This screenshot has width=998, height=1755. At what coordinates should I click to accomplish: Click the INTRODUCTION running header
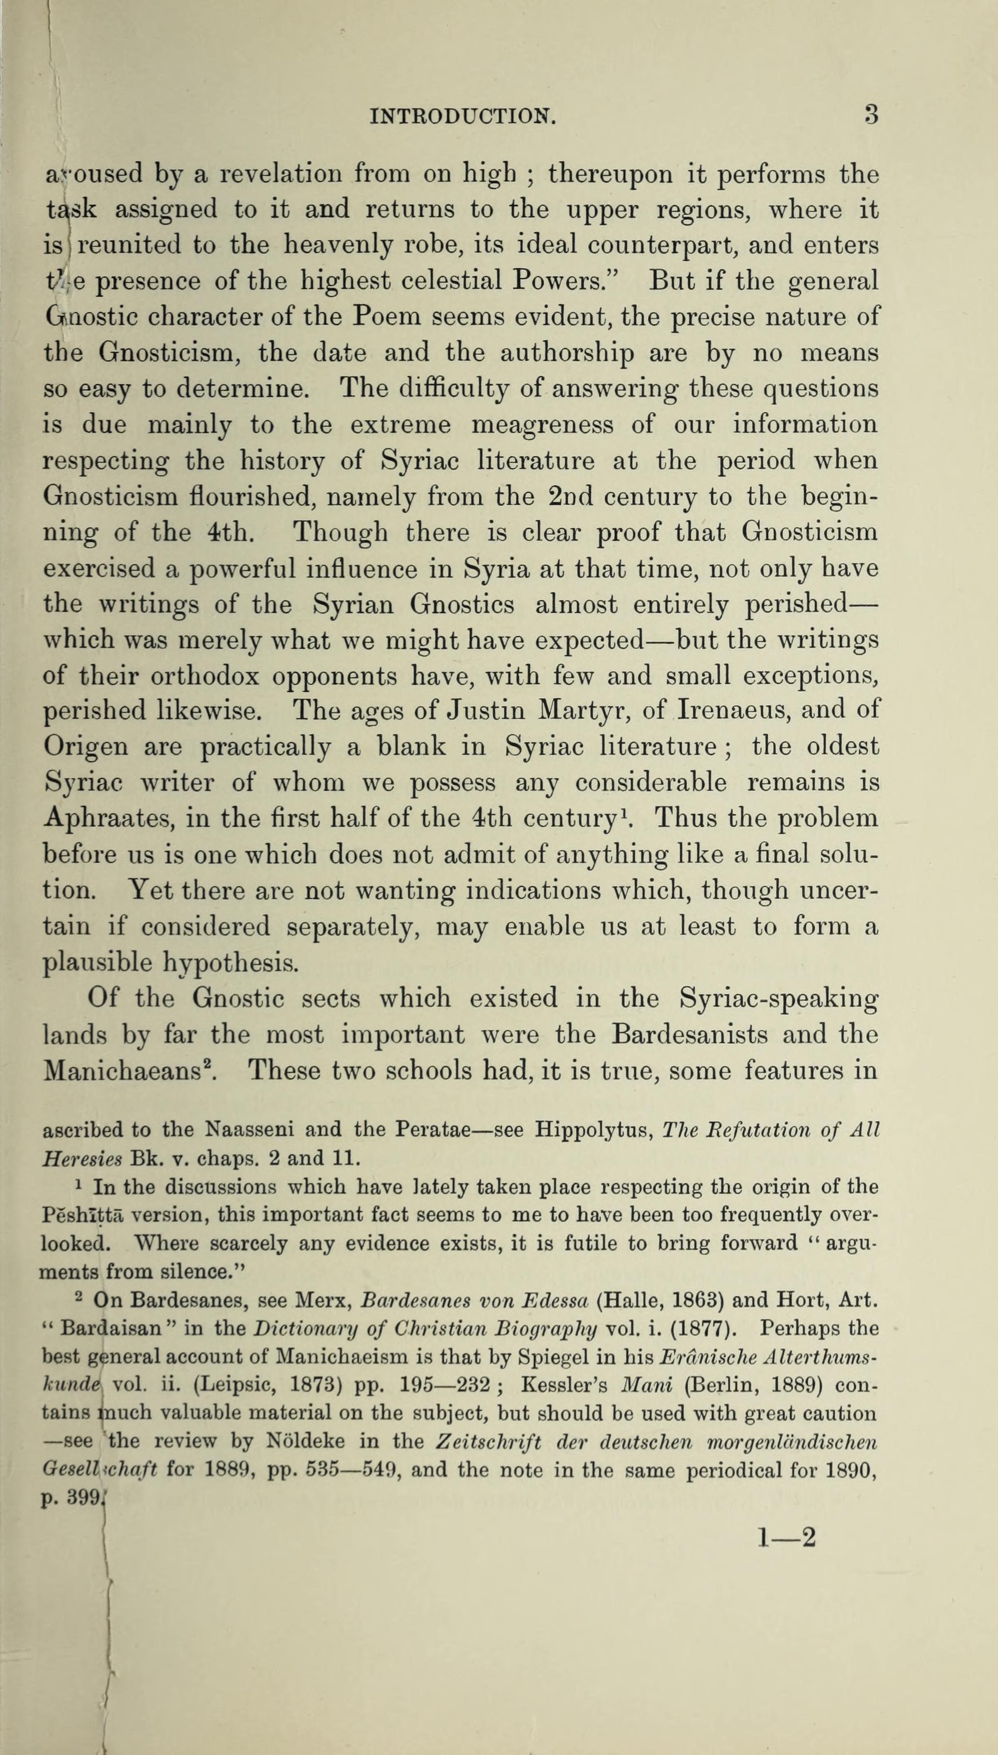463,115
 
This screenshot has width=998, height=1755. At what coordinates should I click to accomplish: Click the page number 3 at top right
871,114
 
